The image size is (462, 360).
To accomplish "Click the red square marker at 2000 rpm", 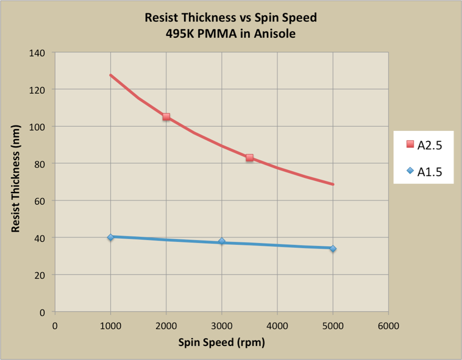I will click(166, 116).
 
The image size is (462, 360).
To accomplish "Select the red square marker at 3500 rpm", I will click(250, 158).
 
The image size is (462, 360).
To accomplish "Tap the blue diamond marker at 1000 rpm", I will click(111, 237).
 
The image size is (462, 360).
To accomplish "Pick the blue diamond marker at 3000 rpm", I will click(222, 242).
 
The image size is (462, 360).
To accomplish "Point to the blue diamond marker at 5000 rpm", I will click(333, 249).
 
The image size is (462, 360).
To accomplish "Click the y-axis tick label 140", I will click(38, 52).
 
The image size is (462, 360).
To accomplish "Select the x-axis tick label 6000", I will click(388, 326).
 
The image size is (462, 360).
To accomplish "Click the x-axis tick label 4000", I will click(277, 326).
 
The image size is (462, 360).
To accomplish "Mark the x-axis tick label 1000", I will click(111, 326).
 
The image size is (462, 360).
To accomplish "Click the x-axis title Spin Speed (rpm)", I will click(222, 342).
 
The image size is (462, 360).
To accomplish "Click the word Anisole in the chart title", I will click(274, 34).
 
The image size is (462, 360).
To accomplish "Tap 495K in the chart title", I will click(181, 34).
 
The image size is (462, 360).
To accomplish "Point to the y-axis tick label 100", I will click(38, 127).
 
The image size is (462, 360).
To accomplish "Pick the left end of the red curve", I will click(110, 75).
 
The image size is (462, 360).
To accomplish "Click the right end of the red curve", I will click(333, 184).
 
